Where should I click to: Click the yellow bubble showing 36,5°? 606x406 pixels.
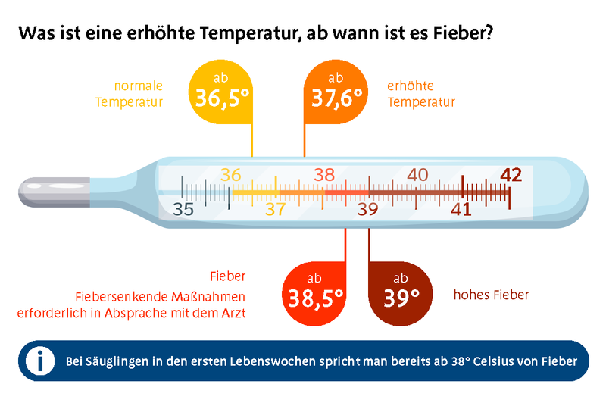[220, 92]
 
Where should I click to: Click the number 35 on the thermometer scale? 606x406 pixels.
[183, 209]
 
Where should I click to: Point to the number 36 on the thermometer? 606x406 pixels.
[230, 174]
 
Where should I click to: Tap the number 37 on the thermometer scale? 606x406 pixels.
[275, 209]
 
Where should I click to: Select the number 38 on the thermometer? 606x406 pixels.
[324, 174]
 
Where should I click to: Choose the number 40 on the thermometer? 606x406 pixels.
[417, 174]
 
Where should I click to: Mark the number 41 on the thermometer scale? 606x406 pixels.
[461, 209]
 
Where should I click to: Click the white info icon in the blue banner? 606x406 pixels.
[39, 361]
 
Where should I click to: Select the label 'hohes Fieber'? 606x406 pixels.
[491, 295]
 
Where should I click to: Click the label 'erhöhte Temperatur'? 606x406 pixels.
[421, 94]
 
